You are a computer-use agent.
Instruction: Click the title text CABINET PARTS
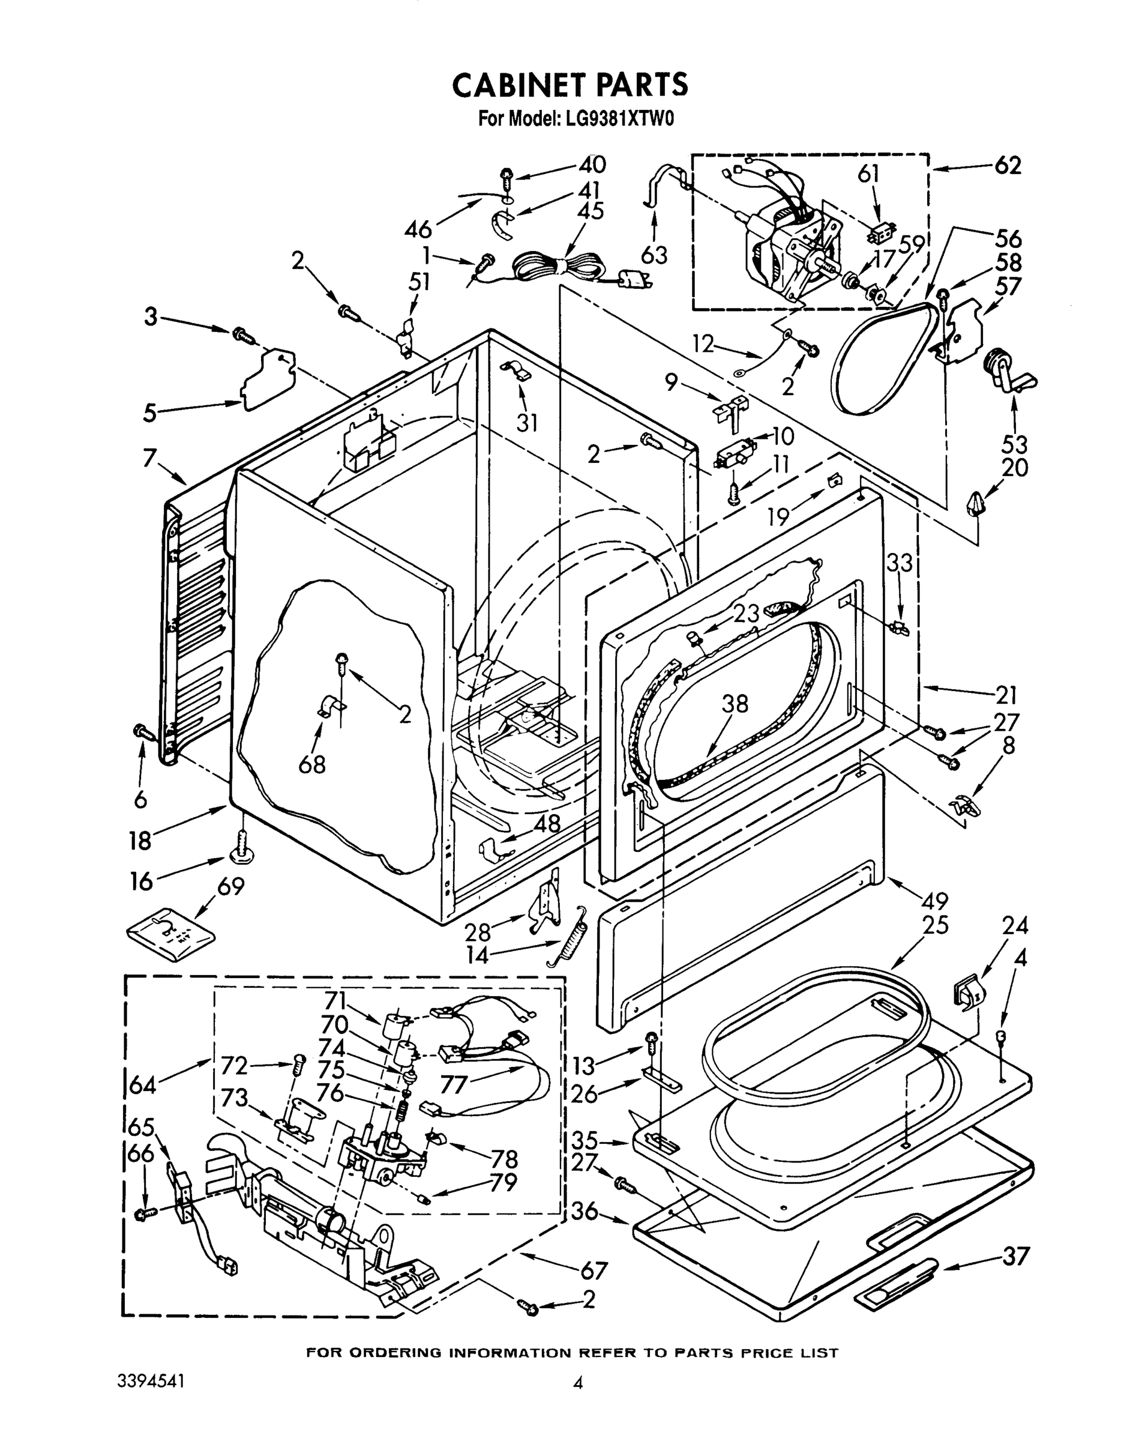pyautogui.click(x=569, y=85)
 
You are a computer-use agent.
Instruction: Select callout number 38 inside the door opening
pyautogui.click(x=735, y=704)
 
